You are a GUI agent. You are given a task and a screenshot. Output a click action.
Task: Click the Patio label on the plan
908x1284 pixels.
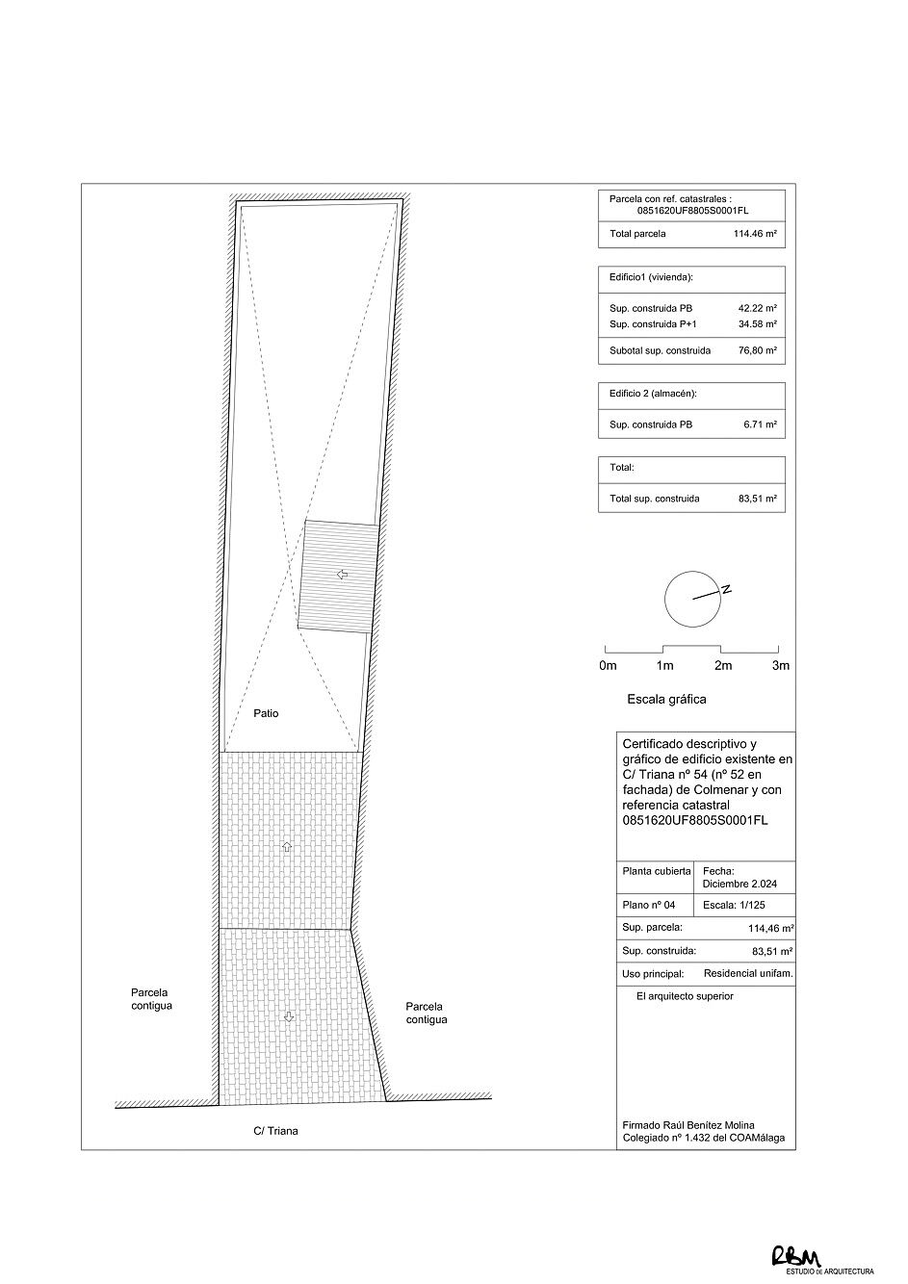pyautogui.click(x=266, y=713)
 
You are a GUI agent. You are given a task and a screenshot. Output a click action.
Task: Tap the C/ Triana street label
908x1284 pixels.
pyautogui.click(x=269, y=1131)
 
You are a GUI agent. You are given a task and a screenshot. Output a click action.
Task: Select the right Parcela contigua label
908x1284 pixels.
pyautogui.click(x=426, y=1013)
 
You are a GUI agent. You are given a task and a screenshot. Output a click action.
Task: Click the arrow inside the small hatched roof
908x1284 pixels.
pyautogui.click(x=341, y=575)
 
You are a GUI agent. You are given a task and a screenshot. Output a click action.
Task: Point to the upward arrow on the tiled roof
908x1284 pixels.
pyautogui.click(x=285, y=846)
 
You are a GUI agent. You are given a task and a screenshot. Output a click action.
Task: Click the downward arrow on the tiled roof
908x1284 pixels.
pyautogui.click(x=285, y=1016)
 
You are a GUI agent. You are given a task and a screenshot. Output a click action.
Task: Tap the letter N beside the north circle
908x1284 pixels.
pyautogui.click(x=727, y=589)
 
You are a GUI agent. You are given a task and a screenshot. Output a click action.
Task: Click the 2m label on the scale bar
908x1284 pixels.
pyautogui.click(x=722, y=665)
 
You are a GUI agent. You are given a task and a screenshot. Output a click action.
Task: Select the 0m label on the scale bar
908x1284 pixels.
pyautogui.click(x=608, y=665)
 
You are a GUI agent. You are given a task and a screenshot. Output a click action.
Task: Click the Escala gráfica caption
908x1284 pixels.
pyautogui.click(x=666, y=700)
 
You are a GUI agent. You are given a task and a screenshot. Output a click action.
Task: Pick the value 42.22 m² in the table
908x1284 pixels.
pyautogui.click(x=757, y=308)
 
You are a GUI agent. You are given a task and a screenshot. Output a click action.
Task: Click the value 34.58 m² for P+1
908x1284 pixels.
pyautogui.click(x=757, y=324)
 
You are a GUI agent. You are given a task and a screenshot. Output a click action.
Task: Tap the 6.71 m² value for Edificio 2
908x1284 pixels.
pyautogui.click(x=760, y=424)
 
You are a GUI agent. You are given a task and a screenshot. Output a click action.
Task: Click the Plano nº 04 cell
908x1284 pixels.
pyautogui.click(x=650, y=905)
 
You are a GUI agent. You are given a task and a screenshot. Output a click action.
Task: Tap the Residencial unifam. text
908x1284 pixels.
pyautogui.click(x=748, y=973)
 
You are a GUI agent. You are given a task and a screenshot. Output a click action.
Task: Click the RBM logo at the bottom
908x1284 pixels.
pyautogui.click(x=794, y=1256)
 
